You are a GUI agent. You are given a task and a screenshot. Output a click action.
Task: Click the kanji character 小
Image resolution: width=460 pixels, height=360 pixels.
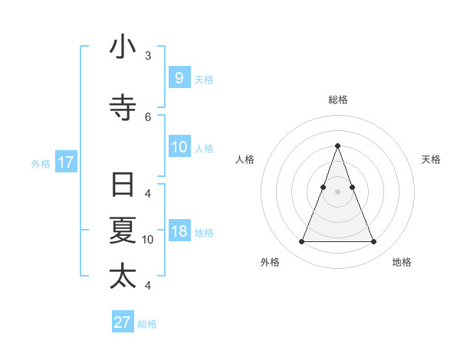[123, 47]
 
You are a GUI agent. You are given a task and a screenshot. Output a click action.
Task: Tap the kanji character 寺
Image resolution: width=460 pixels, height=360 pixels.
[123, 108]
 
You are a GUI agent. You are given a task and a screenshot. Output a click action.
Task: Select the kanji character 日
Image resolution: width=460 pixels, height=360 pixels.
[123, 185]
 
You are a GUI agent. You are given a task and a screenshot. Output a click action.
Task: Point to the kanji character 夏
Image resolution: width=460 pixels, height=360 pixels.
[123, 231]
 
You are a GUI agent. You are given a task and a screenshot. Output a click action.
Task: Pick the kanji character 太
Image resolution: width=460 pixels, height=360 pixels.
[123, 277]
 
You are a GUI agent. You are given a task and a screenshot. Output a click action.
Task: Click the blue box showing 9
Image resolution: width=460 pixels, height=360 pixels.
[179, 77]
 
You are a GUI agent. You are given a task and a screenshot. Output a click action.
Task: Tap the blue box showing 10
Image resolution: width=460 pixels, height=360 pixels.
[179, 146]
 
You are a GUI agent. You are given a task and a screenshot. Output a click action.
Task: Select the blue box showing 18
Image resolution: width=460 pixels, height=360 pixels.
[179, 231]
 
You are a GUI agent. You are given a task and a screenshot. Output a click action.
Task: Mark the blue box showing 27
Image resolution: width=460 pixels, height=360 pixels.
[123, 322]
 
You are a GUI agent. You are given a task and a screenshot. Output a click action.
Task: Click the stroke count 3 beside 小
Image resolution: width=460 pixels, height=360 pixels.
[148, 56]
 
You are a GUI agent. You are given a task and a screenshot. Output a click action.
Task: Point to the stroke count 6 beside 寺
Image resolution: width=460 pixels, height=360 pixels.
[148, 116]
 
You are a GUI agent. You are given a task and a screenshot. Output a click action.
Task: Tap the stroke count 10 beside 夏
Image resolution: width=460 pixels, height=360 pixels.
[148, 240]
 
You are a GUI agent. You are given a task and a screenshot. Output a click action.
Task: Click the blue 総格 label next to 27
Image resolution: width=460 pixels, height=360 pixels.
[147, 324]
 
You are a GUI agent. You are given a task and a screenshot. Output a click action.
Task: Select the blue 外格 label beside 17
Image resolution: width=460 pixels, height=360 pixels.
[41, 163]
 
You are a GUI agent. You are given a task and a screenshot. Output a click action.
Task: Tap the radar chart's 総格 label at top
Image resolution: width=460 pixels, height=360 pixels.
[337, 100]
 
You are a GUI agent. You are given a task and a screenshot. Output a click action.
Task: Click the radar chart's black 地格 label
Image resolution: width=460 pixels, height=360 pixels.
[402, 263]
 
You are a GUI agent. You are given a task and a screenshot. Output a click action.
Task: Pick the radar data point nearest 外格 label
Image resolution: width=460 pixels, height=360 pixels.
[301, 242]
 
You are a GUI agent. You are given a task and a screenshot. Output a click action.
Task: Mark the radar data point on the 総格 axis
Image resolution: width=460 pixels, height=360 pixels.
[337, 146]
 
